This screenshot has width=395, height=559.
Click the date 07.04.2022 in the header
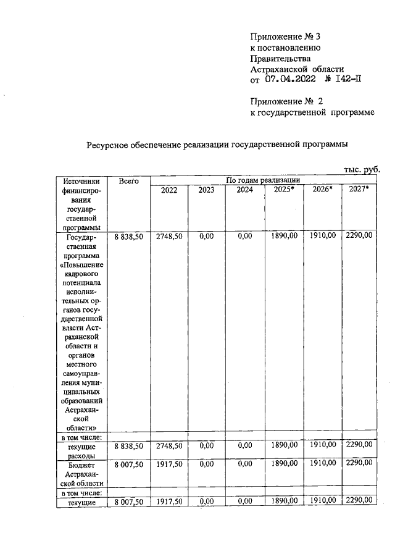pyautogui.click(x=291, y=79)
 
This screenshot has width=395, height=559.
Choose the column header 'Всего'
pyautogui.click(x=128, y=181)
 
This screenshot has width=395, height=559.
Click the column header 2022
pyautogui.click(x=168, y=190)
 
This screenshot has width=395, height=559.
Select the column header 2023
pyautogui.click(x=206, y=190)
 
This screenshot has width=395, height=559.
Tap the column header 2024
pyautogui.click(x=244, y=190)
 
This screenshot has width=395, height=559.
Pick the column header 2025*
pyautogui.click(x=284, y=190)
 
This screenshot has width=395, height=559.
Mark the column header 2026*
pyautogui.click(x=322, y=190)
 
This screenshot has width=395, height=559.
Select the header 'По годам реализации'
pyautogui.click(x=262, y=180)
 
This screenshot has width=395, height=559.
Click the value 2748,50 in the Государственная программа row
pyautogui.click(x=168, y=235)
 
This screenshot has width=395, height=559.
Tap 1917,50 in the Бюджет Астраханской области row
pyautogui.click(x=168, y=462)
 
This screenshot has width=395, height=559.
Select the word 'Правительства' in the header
pyautogui.click(x=279, y=58)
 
